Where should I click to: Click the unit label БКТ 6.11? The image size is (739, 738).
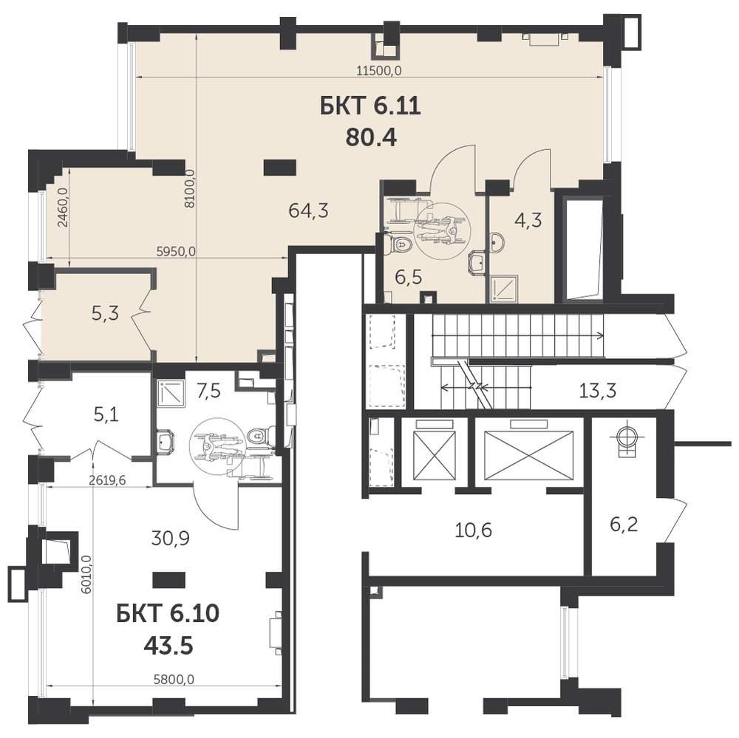coord(370,106)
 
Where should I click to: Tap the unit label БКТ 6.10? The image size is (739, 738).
coord(168,614)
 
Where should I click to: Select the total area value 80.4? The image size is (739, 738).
coord(371,137)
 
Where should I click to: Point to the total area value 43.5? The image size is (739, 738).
coord(168,646)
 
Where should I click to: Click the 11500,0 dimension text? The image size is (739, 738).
coord(379,71)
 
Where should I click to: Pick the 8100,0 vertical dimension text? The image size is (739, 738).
coord(190,188)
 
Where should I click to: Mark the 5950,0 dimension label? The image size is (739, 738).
coord(176,252)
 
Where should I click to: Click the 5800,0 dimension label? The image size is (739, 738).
coord(174,680)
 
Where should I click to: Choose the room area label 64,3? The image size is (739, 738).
coord(308,211)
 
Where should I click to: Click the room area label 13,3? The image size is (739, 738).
coord(597,391)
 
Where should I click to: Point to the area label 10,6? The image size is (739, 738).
coord(474,530)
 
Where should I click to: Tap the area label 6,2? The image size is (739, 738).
coord(624,524)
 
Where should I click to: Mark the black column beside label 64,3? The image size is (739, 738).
coord(280,167)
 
